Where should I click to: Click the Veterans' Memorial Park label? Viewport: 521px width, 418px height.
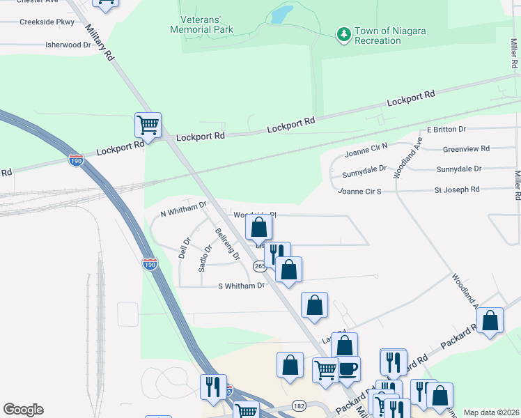tap(201, 24)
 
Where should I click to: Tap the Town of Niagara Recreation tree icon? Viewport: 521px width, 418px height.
tap(343, 33)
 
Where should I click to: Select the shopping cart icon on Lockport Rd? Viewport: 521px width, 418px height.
tap(148, 126)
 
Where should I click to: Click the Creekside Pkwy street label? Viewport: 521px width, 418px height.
tap(47, 22)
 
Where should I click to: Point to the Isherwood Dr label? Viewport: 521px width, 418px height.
tap(68, 45)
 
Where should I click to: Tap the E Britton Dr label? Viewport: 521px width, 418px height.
tap(446, 130)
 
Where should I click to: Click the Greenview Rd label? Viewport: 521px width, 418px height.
tap(467, 148)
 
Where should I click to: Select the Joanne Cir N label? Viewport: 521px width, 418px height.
tap(366, 153)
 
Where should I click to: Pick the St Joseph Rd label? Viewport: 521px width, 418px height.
tap(457, 189)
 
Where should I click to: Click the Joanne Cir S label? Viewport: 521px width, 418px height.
tap(360, 191)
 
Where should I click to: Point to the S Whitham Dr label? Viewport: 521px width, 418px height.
tap(242, 286)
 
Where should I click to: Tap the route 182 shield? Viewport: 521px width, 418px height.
tap(300, 404)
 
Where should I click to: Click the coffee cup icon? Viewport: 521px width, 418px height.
tap(348, 368)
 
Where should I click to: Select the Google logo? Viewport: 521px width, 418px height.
tap(23, 410)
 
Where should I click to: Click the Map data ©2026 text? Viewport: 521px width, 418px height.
tap(491, 412)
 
